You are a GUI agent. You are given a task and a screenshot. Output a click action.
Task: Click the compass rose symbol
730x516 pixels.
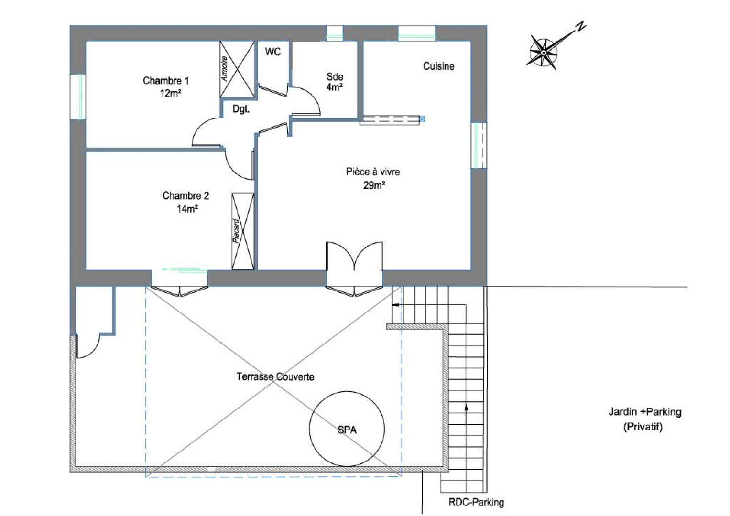(x=543, y=52)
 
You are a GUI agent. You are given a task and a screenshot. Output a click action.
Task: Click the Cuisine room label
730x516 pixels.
(x=438, y=66)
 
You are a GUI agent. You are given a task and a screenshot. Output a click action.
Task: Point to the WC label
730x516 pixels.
(x=273, y=52)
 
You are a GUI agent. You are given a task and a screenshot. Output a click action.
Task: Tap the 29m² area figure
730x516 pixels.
(x=374, y=185)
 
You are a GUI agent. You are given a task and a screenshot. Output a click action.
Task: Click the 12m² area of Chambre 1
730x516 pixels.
(x=171, y=93)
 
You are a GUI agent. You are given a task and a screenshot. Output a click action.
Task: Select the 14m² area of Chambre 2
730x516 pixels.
(x=187, y=208)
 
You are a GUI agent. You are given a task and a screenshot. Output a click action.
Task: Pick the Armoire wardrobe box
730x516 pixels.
(x=237, y=69)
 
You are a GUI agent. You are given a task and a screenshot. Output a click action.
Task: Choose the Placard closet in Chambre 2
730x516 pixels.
(x=243, y=231)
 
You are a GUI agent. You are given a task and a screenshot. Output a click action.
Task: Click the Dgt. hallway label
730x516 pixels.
(x=241, y=109)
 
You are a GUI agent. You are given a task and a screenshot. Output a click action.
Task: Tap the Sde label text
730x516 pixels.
(x=335, y=77)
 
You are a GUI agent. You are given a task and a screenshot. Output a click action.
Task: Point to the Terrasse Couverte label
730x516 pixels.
(x=275, y=376)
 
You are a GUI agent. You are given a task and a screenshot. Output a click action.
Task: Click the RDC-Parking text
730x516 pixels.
(x=476, y=502)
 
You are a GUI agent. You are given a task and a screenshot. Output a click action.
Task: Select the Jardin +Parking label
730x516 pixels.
(x=644, y=412)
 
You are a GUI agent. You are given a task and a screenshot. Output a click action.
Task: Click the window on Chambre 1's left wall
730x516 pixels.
(x=78, y=97)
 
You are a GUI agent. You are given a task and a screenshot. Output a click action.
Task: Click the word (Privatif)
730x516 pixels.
(x=643, y=427)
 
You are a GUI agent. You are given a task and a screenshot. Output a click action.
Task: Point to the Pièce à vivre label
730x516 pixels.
(x=373, y=172)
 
